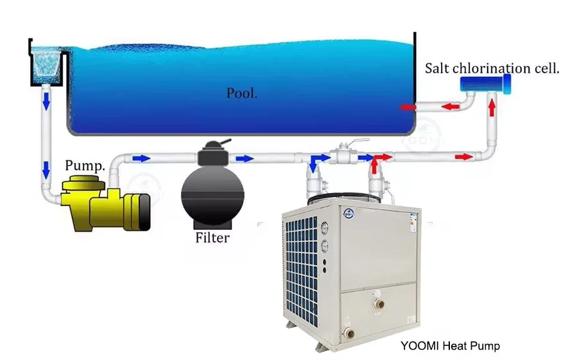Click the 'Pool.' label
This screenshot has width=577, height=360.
[242, 93]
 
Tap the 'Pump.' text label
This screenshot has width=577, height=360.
[85, 166]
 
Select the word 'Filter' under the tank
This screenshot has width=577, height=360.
[212, 238]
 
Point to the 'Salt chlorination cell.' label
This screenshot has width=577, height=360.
[492, 68]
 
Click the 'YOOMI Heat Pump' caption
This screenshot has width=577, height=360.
[450, 346]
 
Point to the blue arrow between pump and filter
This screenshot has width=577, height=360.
[142, 157]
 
